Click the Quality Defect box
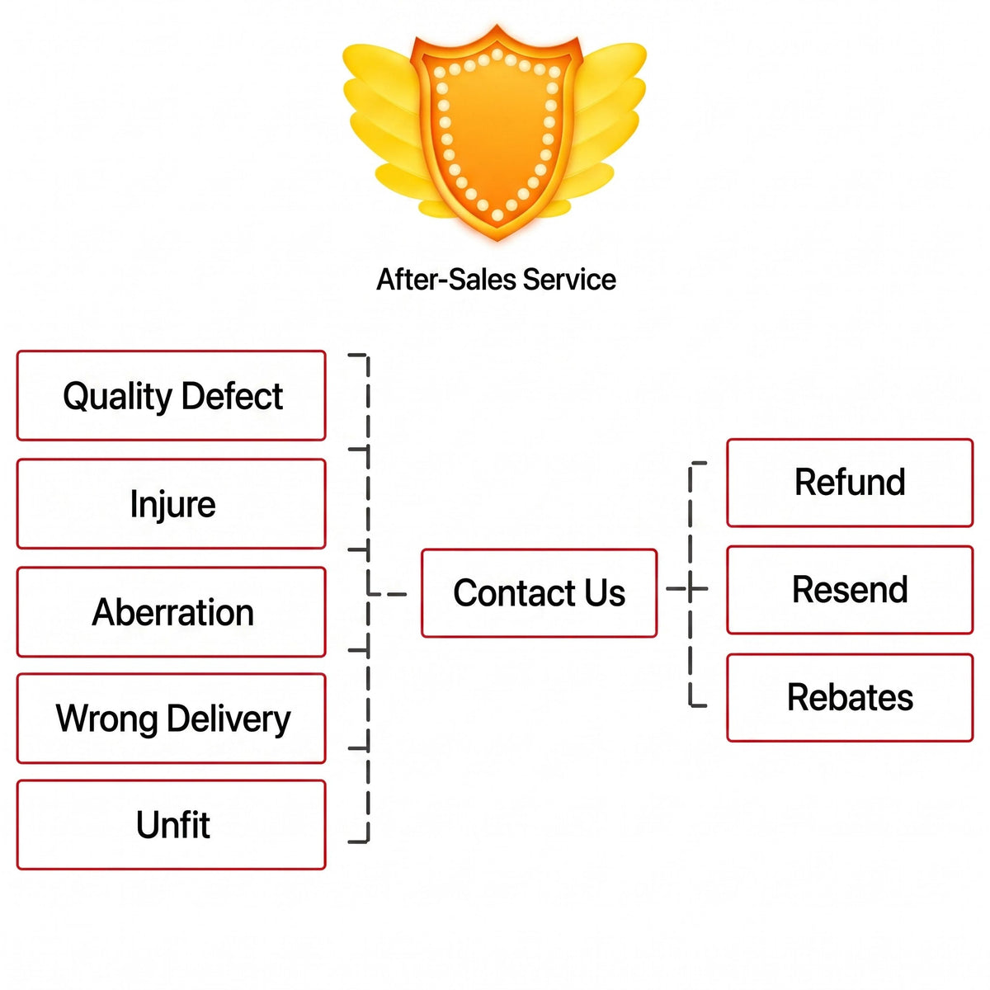click(171, 395)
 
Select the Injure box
click(171, 503)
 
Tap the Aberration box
click(171, 611)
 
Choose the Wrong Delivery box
click(171, 718)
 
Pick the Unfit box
click(171, 824)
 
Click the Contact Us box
click(539, 593)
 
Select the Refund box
click(849, 483)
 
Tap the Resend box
click(849, 589)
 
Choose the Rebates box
click(849, 697)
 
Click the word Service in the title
click(569, 280)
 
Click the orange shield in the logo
click(497, 133)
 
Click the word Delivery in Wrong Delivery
click(229, 719)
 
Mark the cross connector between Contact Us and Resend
click(690, 588)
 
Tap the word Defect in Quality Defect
click(232, 396)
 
